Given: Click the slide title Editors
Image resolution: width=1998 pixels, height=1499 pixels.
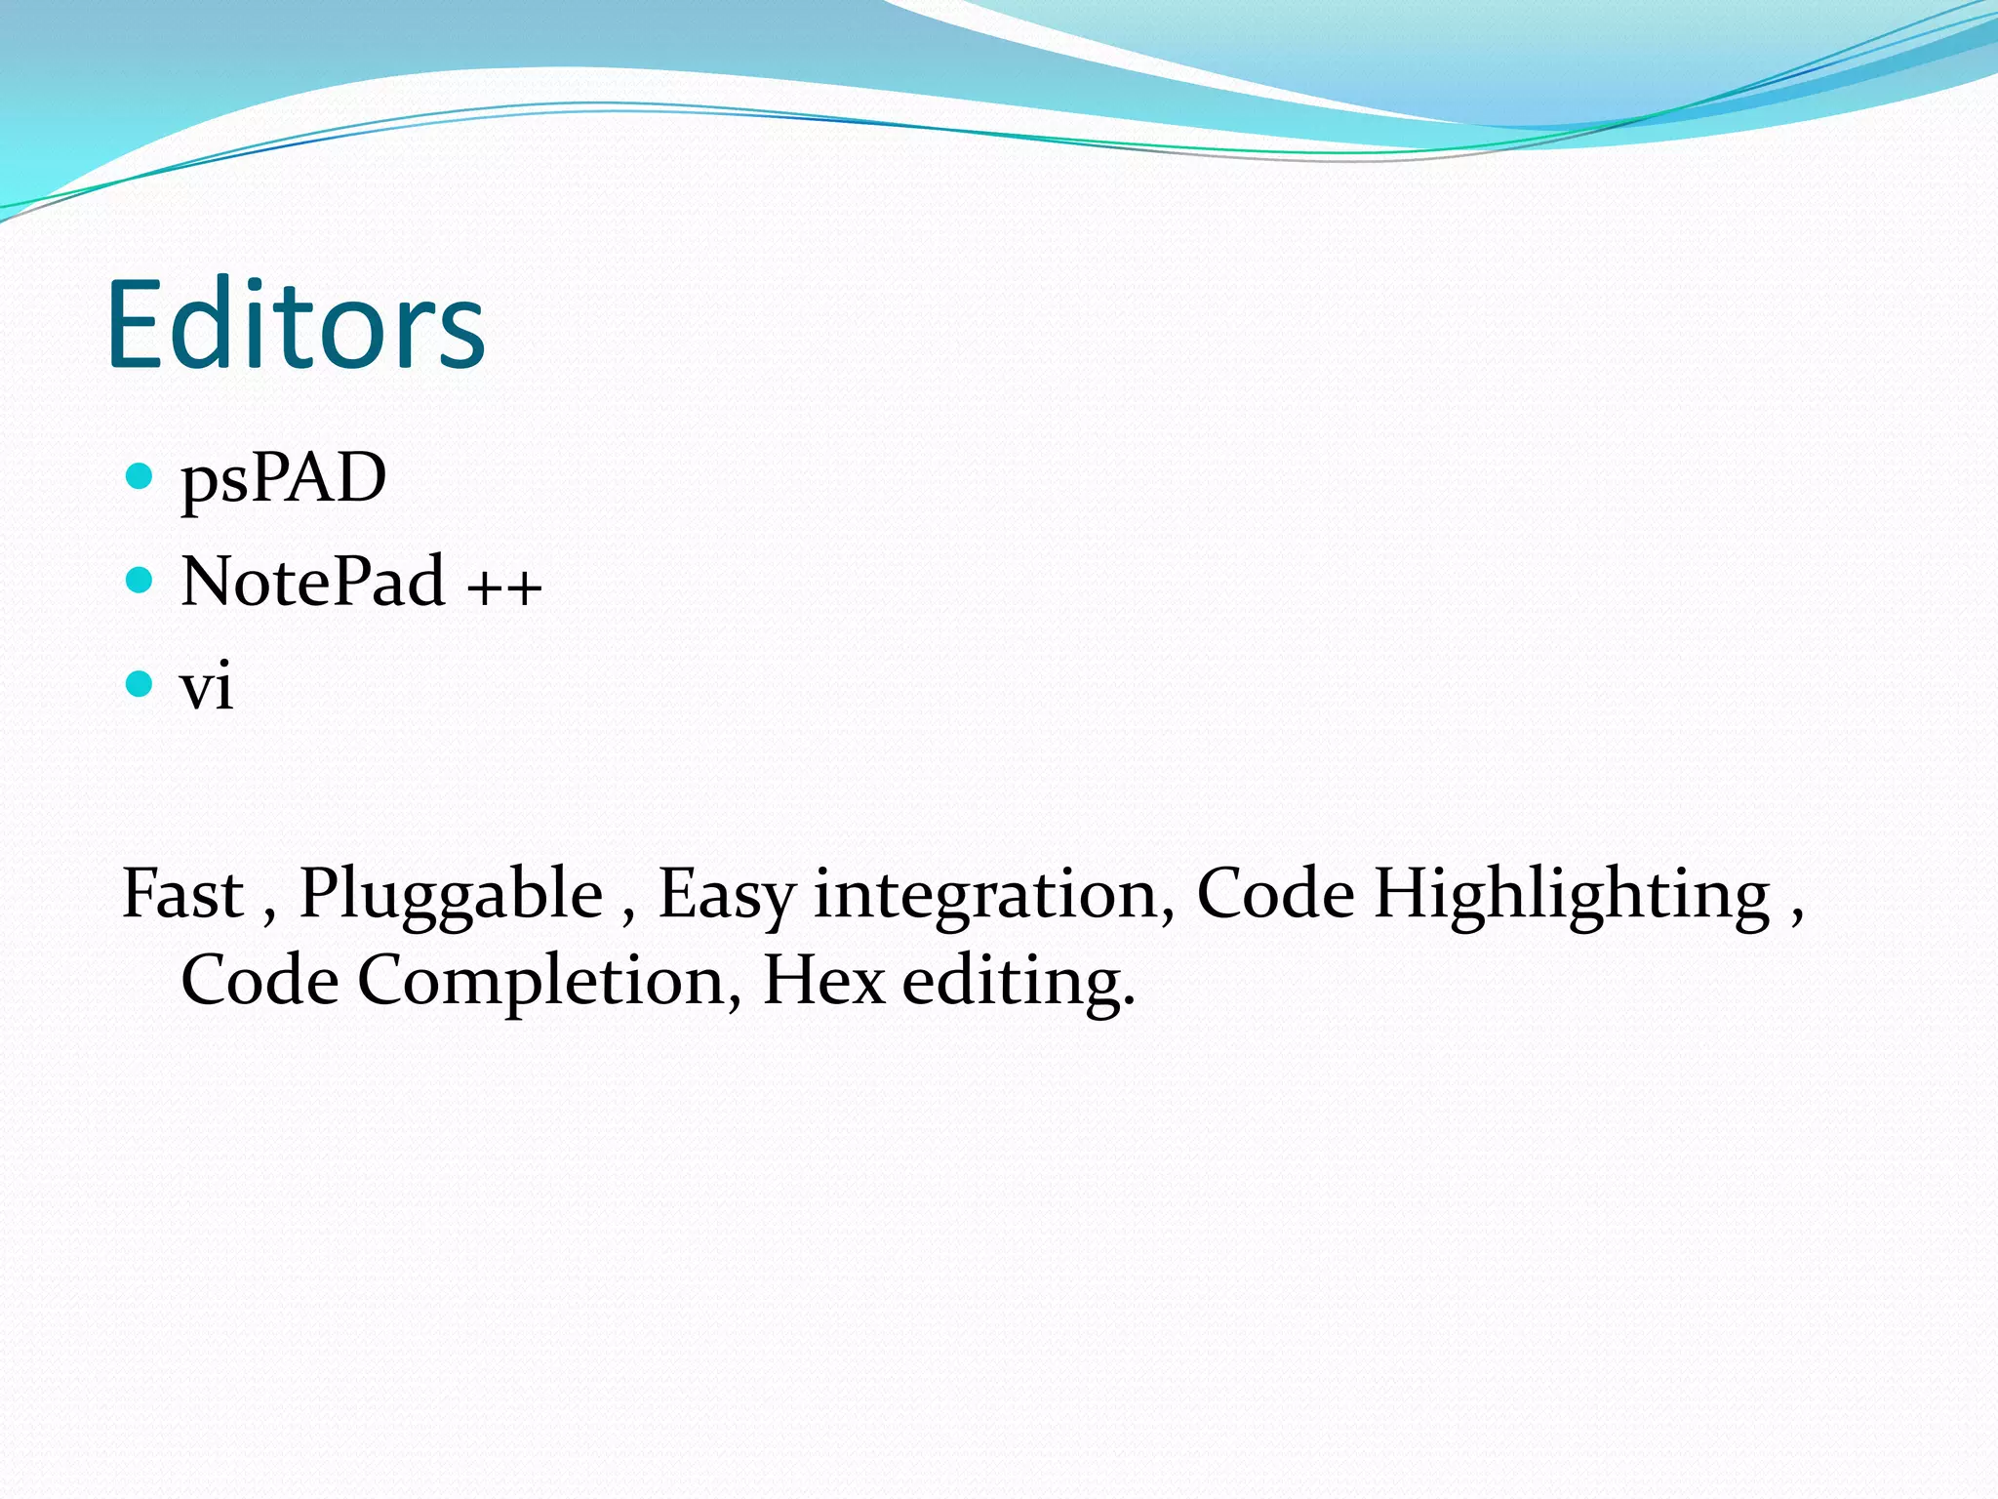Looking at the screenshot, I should [296, 325].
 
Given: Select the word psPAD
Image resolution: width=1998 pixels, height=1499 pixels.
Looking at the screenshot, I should [283, 478].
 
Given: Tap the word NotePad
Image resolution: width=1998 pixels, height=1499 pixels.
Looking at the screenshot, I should [313, 582].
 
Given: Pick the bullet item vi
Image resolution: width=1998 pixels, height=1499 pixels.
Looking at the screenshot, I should [206, 686].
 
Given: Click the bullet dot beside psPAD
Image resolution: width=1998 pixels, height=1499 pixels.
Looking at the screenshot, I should [140, 476].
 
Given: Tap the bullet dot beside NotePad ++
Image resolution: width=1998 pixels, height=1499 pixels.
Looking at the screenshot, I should [140, 581].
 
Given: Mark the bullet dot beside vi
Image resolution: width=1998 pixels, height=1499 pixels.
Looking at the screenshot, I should [140, 684].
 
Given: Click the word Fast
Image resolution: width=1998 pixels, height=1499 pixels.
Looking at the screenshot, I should [182, 894].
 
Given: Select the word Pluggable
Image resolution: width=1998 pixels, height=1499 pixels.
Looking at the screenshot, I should [451, 896].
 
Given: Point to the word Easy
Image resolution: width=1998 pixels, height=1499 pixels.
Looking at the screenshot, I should [727, 896].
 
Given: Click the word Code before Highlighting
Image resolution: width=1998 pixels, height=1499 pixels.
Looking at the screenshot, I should [1275, 894].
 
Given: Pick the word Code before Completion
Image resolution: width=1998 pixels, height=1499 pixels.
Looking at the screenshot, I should [260, 980].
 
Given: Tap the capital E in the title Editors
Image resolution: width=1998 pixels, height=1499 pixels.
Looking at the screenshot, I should [136, 325].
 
